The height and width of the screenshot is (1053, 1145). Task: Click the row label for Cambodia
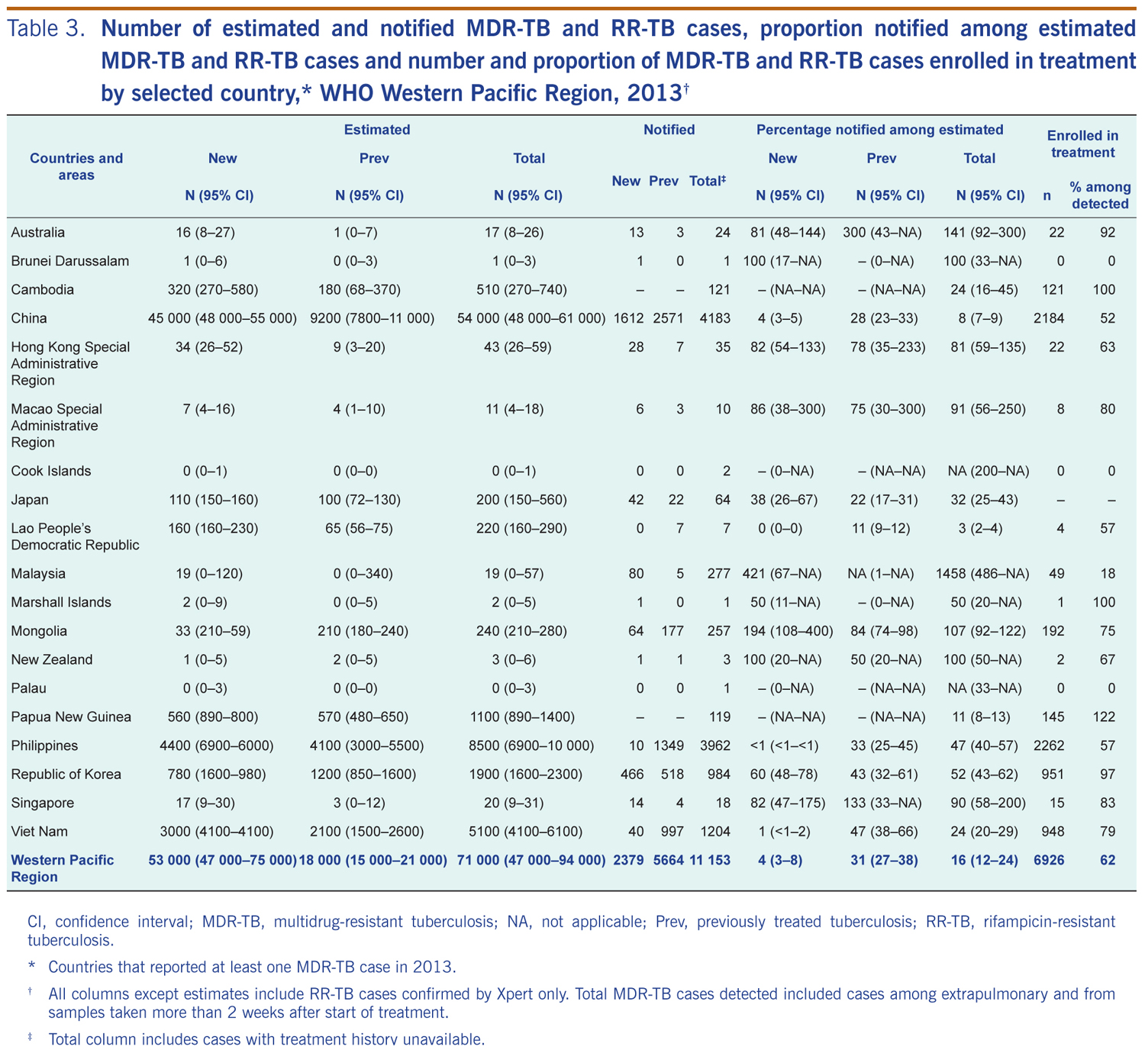click(42, 289)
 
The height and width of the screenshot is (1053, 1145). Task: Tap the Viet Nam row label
click(40, 831)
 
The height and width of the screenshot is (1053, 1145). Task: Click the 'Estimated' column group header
click(376, 130)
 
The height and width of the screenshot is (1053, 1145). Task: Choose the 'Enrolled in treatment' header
click(1082, 143)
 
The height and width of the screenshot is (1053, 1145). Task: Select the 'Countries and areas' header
click(76, 166)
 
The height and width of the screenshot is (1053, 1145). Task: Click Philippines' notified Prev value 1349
click(667, 745)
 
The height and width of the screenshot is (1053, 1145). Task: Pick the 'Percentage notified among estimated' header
click(879, 130)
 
